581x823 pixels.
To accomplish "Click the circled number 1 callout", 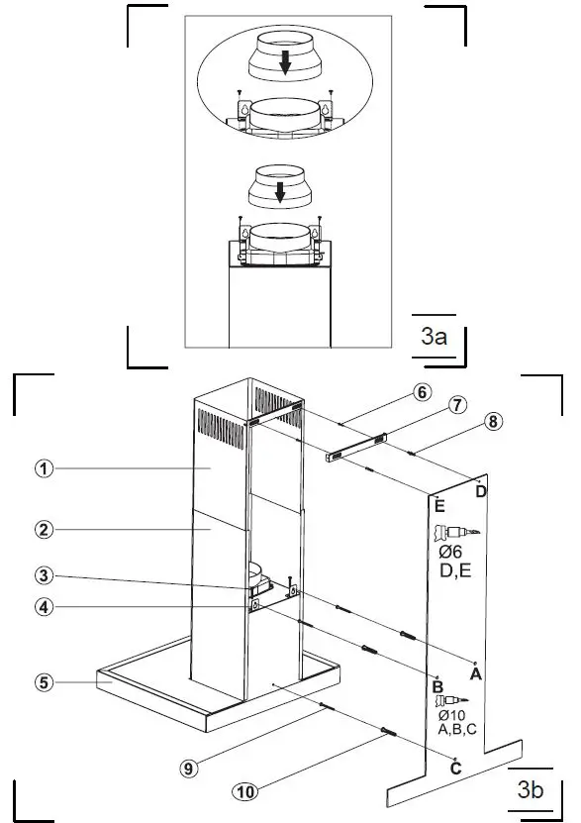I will point(44,469).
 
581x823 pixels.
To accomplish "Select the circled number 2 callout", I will point(44,530).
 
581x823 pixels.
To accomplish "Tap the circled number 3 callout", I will point(44,575).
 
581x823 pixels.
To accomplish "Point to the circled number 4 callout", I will point(44,607).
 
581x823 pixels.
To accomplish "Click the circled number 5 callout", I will point(44,681).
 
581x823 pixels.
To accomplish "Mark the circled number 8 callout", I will point(492,420).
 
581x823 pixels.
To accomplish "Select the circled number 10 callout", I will point(243,790).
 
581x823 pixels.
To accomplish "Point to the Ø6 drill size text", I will point(450,552).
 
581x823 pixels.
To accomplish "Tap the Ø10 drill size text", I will point(450,715).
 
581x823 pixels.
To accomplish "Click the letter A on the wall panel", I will point(475,675).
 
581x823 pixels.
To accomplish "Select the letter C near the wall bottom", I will point(454,769).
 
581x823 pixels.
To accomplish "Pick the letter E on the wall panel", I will point(438,505).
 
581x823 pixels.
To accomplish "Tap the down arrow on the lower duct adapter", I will point(281,190).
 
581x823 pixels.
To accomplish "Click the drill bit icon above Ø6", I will point(456,531).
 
